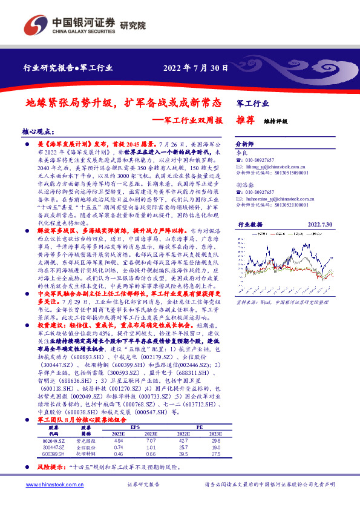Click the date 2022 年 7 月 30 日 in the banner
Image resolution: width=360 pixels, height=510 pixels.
coord(195,68)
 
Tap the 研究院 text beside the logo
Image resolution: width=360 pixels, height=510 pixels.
coord(133,26)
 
